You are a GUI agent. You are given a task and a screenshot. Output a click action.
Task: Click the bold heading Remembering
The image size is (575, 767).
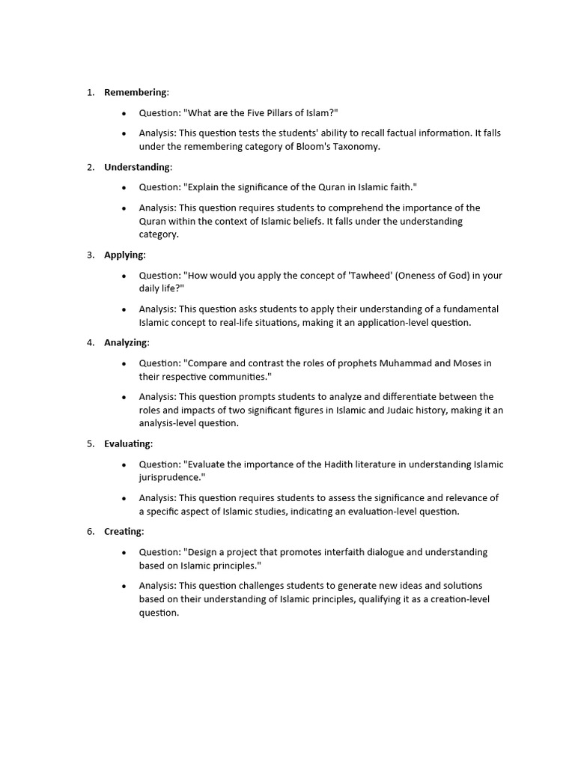136,92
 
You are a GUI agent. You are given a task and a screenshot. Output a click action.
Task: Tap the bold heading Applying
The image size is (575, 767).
124,255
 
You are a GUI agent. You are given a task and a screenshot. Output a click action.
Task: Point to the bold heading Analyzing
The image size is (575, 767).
126,342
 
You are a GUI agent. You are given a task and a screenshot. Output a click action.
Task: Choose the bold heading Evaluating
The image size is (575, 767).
127,443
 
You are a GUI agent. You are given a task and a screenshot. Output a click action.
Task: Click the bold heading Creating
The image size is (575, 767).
124,531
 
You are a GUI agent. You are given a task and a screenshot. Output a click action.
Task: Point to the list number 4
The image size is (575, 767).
90,342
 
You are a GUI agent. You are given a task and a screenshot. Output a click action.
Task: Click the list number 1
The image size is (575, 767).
90,92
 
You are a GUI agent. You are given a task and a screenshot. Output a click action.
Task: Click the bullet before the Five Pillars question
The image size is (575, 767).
124,113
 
